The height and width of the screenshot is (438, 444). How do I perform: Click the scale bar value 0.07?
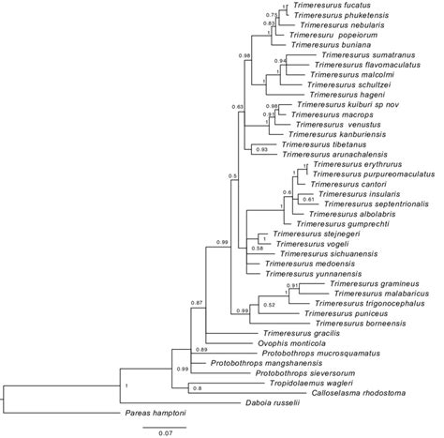163,432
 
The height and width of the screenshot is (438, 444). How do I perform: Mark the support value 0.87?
198,303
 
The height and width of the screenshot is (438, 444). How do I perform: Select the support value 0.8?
198,388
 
